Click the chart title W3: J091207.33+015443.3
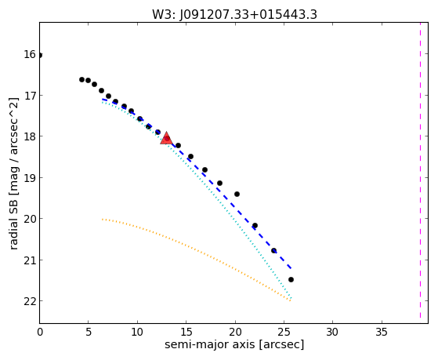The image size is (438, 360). (x=234, y=14)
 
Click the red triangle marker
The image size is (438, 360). (x=166, y=139)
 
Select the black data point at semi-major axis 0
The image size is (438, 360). (x=40, y=55)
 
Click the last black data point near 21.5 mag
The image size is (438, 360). (x=291, y=279)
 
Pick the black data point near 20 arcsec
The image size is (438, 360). (x=237, y=194)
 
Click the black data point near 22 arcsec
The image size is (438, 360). (x=255, y=225)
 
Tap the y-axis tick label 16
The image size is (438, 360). (x=30, y=54)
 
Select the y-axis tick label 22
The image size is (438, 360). (x=30, y=301)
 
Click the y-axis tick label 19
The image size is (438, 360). (x=30, y=178)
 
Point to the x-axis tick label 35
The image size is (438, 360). (x=382, y=332)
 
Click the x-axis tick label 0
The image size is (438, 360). (x=40, y=332)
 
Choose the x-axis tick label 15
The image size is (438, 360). (x=186, y=332)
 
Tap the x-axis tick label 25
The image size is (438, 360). (x=284, y=332)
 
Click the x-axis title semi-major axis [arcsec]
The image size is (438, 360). (x=234, y=344)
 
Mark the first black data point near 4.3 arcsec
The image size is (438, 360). (x=81, y=79)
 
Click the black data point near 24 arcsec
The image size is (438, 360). (x=273, y=250)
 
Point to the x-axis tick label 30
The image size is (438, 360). (x=332, y=332)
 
